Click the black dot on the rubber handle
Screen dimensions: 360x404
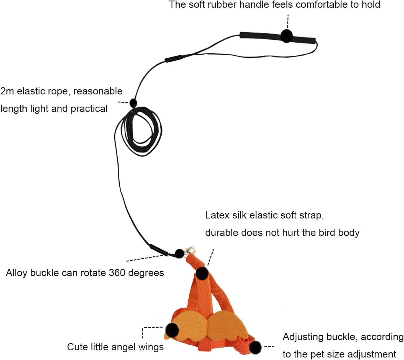(x=287, y=36)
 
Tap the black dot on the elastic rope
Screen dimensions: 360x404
(x=133, y=103)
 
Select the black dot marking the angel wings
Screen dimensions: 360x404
(x=172, y=330)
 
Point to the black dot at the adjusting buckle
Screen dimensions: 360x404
(x=255, y=347)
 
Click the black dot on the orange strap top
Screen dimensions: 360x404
(x=202, y=273)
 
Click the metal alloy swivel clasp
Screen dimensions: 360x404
(x=191, y=250)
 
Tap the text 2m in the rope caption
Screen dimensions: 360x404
(x=7, y=91)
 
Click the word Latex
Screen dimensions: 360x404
(x=217, y=215)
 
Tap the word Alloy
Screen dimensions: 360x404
(x=17, y=273)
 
